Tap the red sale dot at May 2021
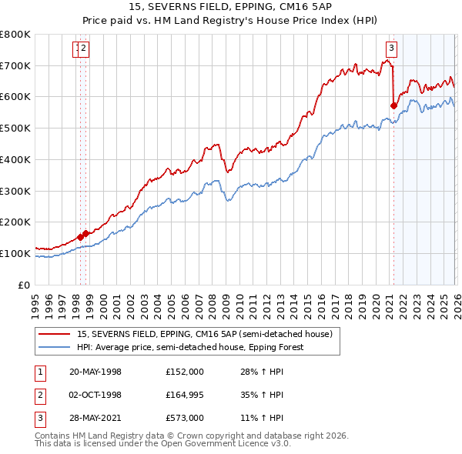coord(393,105)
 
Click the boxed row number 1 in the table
coord(39,372)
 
